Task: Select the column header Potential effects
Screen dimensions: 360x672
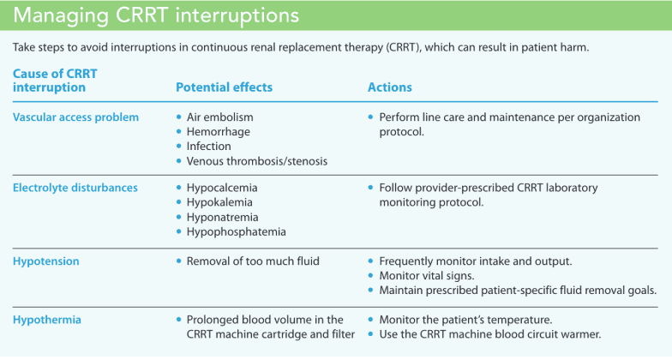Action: point(224,87)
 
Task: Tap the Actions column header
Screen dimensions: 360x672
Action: point(389,87)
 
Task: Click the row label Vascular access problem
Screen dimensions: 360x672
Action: point(75,117)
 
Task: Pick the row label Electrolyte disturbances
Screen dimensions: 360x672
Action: point(75,188)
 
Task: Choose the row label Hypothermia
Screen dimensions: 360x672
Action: point(48,319)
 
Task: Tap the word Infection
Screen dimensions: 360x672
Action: point(210,147)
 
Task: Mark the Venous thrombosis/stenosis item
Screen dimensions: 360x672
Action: point(256,161)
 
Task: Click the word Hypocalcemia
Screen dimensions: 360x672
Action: point(222,188)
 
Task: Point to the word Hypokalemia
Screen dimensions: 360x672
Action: point(221,202)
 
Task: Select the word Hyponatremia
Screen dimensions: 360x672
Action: point(222,217)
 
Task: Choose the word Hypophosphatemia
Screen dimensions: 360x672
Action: point(236,232)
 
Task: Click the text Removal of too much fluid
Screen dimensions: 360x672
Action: point(254,260)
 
